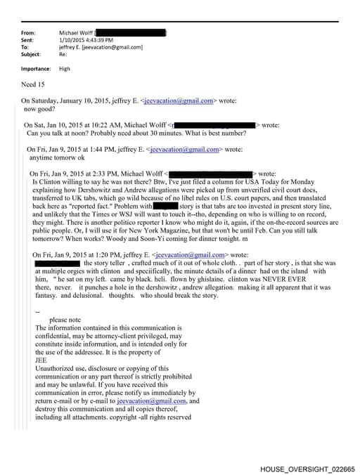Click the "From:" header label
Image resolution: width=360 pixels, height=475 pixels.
tap(29, 33)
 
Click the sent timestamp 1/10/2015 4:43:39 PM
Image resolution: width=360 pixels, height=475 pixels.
tap(91, 40)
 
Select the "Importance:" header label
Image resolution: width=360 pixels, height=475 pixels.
tap(36, 69)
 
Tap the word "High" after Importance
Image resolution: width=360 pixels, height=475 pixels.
tap(65, 69)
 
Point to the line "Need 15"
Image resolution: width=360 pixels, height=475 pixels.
tap(34, 84)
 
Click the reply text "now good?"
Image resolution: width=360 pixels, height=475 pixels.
tap(41, 110)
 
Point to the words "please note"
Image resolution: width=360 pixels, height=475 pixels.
tap(63, 319)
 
